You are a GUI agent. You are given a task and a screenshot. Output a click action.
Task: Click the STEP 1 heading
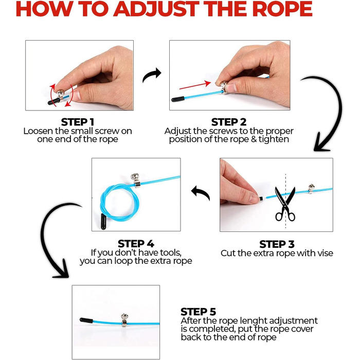77,122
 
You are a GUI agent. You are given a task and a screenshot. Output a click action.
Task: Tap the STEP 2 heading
229,122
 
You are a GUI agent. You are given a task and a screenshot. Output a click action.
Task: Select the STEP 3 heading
277,244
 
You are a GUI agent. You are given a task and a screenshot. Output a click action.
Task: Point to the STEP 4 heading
136,244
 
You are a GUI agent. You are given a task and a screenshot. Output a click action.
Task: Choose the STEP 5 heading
198,312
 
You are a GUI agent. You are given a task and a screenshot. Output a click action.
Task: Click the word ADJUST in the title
156,9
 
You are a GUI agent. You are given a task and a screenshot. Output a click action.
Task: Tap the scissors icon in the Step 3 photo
285,204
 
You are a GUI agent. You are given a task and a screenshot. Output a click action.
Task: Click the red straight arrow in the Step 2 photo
195,85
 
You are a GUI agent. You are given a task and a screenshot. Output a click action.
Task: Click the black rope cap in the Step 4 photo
103,221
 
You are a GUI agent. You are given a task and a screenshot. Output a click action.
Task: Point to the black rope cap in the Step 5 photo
86,320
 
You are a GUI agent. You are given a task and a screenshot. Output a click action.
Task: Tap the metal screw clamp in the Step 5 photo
124,320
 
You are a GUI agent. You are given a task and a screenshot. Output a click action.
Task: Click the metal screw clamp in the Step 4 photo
136,181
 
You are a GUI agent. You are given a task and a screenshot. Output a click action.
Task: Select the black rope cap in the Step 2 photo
178,99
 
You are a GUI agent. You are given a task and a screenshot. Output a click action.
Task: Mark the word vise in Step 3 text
325,253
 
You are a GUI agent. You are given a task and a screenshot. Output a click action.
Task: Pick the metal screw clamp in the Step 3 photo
311,189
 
